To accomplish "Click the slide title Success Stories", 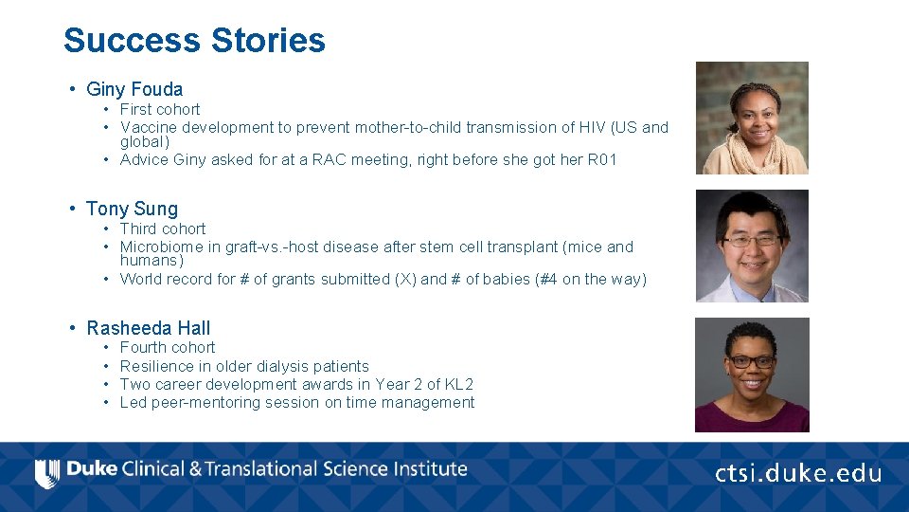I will tap(194, 41).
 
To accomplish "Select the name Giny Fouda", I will tap(134, 90).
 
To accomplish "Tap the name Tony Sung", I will tap(132, 210).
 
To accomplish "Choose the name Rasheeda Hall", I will tap(149, 329).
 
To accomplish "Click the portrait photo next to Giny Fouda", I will tap(752, 119).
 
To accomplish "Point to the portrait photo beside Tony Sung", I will tap(752, 247).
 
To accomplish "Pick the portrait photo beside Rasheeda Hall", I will tap(752, 375).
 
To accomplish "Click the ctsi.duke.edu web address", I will tap(798, 473).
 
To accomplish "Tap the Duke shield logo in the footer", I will tap(46, 472).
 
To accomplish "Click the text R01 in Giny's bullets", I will tap(602, 160).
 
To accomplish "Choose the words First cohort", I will tap(160, 110).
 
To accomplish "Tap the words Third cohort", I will tap(163, 229).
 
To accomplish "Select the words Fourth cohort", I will tap(168, 348).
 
